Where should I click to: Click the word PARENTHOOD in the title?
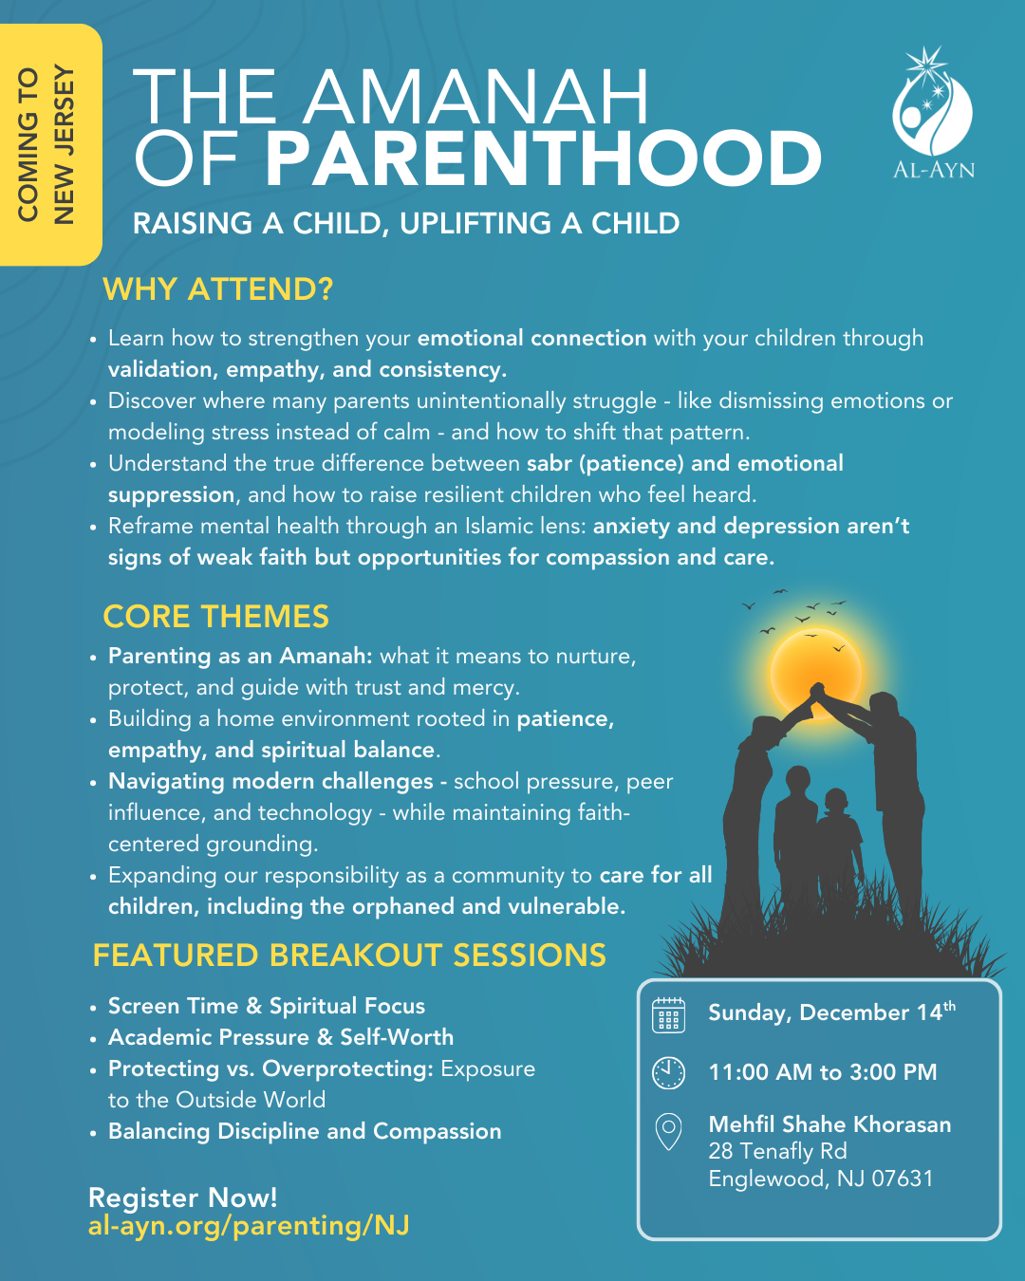point(543,159)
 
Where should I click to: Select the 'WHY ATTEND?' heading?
point(217,288)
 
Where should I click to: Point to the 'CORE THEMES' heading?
point(215,617)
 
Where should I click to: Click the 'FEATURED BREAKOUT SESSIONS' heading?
point(349,956)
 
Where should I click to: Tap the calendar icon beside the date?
point(668,1015)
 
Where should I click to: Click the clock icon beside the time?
point(668,1072)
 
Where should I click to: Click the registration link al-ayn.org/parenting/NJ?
point(249,1226)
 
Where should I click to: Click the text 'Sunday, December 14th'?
point(831,1012)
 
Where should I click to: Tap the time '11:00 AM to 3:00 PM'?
point(822,1072)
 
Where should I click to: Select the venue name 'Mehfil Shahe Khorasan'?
point(829,1124)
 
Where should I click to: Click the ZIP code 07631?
point(903,1179)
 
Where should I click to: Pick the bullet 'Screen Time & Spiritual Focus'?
point(267,1006)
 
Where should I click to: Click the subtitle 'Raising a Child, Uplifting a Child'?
point(406,224)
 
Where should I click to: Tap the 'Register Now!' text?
point(182,1197)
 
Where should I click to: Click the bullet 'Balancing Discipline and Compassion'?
point(305,1131)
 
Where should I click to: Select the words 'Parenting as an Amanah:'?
point(240,656)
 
